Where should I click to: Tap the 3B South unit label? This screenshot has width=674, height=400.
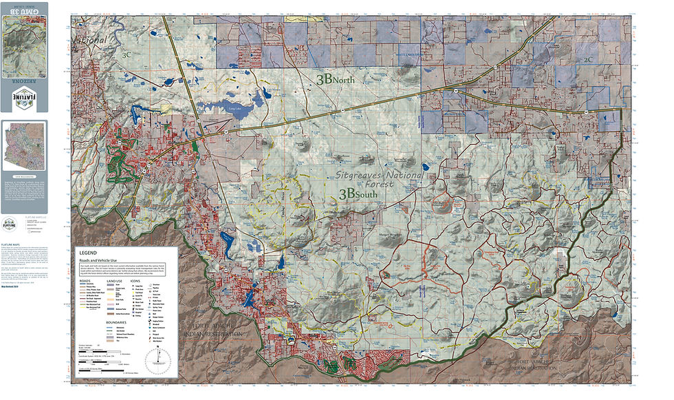point(360,195)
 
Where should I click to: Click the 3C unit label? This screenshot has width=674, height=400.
point(125,53)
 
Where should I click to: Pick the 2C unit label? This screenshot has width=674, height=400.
point(588,59)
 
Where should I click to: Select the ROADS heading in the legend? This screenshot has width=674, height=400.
point(85,282)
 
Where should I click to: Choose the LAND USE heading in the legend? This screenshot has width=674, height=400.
point(114,282)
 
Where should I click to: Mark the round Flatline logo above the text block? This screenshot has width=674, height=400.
point(14,222)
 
